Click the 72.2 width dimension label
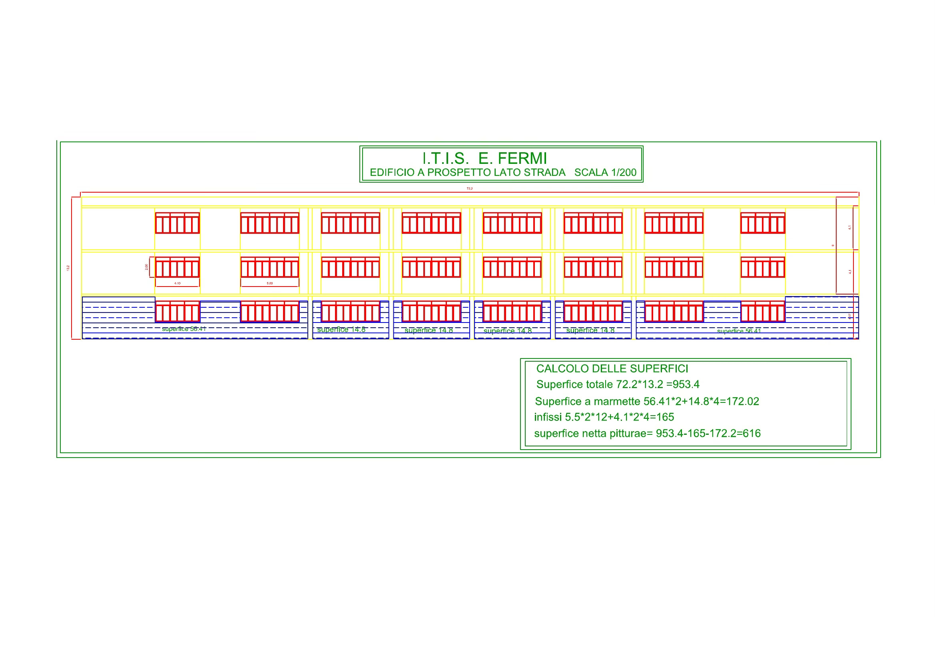(470, 189)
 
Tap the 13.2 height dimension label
(68, 268)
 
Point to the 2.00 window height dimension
(147, 267)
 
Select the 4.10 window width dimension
(177, 283)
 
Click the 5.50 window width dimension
(269, 283)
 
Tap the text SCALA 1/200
(605, 173)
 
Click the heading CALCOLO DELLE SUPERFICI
(612, 369)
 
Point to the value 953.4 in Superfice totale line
(686, 384)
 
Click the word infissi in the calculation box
(548, 417)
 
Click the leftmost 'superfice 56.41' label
(183, 329)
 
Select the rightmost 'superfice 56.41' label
(739, 331)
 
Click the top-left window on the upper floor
(177, 223)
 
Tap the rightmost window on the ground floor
(763, 312)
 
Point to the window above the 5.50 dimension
(269, 267)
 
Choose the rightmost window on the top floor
(763, 223)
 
